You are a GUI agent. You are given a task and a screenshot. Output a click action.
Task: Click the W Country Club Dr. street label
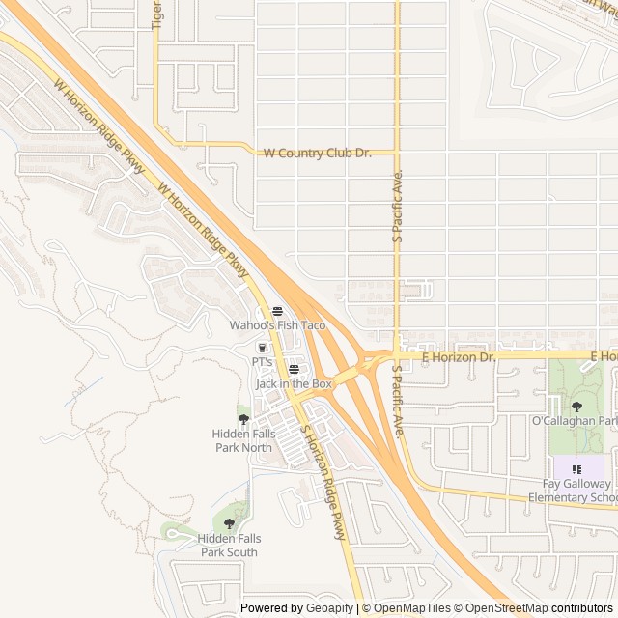[x=318, y=153]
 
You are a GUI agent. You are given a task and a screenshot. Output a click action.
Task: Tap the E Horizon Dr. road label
[x=459, y=356]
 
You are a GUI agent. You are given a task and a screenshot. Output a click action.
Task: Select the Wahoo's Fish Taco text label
[x=277, y=325]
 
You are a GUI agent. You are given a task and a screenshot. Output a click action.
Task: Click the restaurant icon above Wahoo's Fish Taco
[x=277, y=310]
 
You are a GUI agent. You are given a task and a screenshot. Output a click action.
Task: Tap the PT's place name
[x=262, y=361]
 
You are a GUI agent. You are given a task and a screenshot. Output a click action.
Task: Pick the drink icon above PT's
[x=262, y=347]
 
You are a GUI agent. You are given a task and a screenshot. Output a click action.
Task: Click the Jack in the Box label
[x=294, y=383]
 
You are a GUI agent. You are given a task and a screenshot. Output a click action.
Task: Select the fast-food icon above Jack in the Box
[x=294, y=369]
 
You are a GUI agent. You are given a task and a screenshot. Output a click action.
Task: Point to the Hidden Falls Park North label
[x=243, y=440]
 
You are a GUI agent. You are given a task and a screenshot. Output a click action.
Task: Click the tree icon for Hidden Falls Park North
[x=243, y=419]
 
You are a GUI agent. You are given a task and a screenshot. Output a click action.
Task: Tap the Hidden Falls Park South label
[x=229, y=545]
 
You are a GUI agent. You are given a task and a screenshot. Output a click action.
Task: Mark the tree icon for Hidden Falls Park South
[x=229, y=523]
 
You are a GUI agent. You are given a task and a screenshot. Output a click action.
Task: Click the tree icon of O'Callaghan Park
[x=576, y=407]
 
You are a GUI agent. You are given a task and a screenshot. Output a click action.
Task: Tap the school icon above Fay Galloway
[x=576, y=469]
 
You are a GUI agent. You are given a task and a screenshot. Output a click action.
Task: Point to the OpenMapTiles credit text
[x=409, y=608]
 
